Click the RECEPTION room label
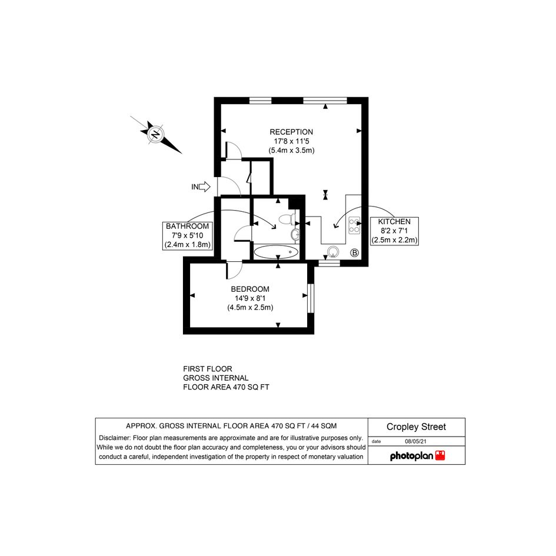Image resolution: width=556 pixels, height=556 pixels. [291, 132]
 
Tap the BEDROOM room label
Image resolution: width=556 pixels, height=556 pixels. [250, 289]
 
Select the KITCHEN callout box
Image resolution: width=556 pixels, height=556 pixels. [394, 231]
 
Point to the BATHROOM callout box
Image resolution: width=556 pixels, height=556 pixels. [187, 235]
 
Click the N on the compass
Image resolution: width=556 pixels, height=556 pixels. [155, 135]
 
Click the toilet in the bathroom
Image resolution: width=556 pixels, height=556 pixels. [287, 219]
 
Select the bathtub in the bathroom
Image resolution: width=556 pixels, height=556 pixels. [276, 252]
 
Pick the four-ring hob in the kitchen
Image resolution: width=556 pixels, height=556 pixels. [354, 225]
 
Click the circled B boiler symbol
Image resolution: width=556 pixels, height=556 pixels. [354, 253]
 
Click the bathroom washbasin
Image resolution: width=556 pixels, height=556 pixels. [295, 234]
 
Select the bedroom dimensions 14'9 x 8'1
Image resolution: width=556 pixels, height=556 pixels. [250, 298]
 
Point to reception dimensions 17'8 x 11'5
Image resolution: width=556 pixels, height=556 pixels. [291, 141]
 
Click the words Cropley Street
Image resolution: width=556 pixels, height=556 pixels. [416, 427]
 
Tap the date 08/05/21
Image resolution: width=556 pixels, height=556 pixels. [415, 441]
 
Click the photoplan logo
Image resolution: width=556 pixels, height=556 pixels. [417, 455]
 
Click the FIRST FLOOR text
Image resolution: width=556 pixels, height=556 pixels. [208, 369]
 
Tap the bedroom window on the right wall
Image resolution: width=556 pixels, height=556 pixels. [311, 298]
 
